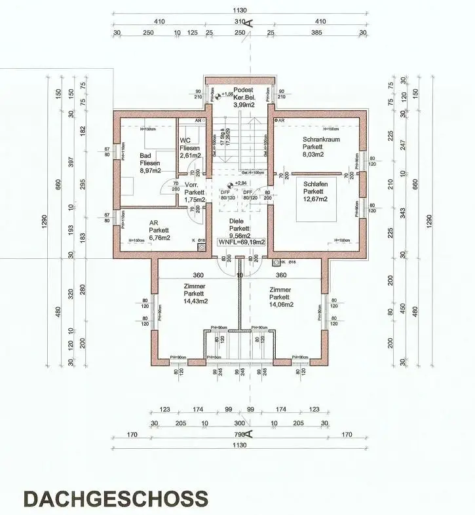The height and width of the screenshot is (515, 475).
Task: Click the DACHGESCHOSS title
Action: [x=116, y=497]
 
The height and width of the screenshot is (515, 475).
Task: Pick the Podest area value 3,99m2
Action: [x=244, y=104]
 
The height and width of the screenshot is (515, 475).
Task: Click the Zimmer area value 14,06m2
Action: [x=280, y=304]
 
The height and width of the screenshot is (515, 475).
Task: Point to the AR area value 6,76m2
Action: [x=159, y=238]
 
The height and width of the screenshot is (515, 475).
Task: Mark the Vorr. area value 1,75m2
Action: [x=195, y=199]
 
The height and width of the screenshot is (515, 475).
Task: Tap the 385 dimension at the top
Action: [x=316, y=33]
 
